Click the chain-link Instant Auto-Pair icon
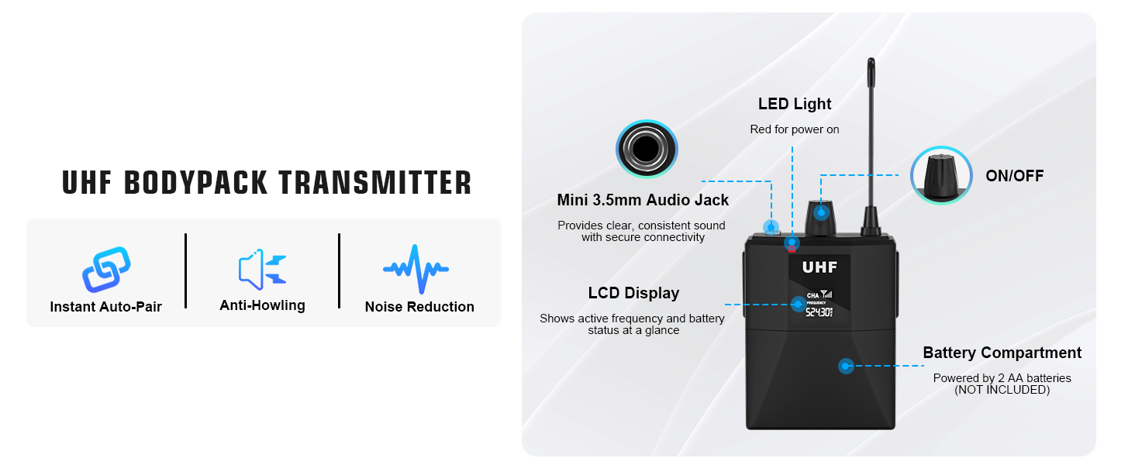106,270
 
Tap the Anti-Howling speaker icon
262,269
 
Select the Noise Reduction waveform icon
416,269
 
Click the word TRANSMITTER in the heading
375,182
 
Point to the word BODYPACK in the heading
195,182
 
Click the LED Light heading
795,104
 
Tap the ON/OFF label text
1014,176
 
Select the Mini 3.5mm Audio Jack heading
643,200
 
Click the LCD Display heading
633,293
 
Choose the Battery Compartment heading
1002,353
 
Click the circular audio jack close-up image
647,150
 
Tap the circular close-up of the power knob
941,175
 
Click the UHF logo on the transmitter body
819,267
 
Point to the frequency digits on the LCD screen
819,312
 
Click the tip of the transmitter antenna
871,59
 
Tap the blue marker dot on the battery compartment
846,366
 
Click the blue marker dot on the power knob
821,213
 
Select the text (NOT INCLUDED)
1002,390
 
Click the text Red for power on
795,129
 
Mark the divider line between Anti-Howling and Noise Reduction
339,271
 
